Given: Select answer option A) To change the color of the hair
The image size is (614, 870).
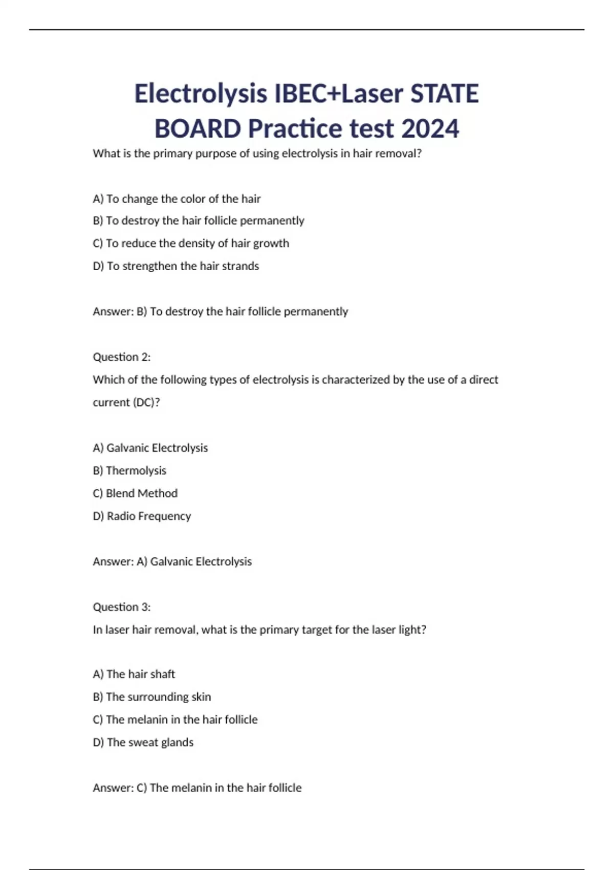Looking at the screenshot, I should [x=177, y=199].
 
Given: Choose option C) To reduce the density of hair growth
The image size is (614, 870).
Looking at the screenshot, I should [x=191, y=243].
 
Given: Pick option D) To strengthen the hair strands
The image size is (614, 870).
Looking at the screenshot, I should [x=176, y=266].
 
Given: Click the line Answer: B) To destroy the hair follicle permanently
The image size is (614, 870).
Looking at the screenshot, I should [x=220, y=311].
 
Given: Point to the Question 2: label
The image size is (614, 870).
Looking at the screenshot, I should [x=122, y=357].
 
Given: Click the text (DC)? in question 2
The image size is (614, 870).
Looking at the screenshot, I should [x=146, y=402].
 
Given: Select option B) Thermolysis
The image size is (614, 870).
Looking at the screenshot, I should [x=129, y=470].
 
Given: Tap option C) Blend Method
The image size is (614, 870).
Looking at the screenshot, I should [x=135, y=493].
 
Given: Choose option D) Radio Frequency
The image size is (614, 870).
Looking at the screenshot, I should [x=142, y=516].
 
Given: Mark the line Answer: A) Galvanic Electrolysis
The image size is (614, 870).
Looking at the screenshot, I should [x=172, y=561].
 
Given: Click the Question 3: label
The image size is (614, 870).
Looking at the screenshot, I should [x=122, y=607].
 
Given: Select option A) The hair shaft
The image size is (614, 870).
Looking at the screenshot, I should [x=134, y=674].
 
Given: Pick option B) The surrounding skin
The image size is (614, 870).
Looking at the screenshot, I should [x=152, y=697].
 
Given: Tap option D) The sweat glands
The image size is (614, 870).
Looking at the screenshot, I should [x=143, y=742].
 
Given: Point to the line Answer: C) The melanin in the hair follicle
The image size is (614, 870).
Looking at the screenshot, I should [x=197, y=788].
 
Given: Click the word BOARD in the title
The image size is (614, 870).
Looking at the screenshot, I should [x=198, y=128].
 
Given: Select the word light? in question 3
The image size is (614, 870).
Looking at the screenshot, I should [x=412, y=629].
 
